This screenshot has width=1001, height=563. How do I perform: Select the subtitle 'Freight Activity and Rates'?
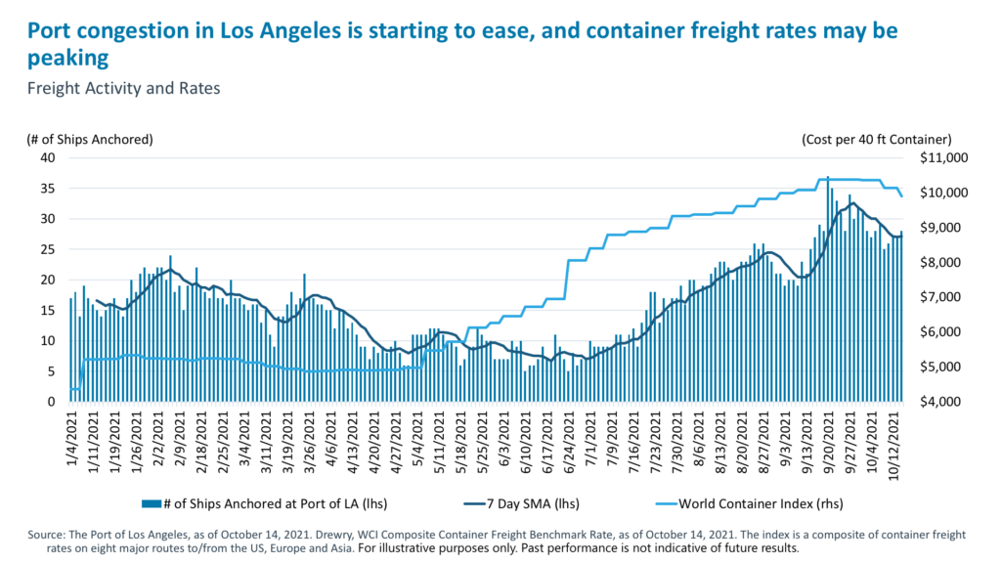[124, 88]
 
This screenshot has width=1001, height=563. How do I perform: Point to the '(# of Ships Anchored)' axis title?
[90, 140]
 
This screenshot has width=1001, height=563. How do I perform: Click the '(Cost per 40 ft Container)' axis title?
[876, 140]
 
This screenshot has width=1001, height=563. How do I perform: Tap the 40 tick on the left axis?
[46, 157]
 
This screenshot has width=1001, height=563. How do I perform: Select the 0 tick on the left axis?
[50, 402]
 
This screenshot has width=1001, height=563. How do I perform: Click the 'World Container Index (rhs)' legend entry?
[749, 503]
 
